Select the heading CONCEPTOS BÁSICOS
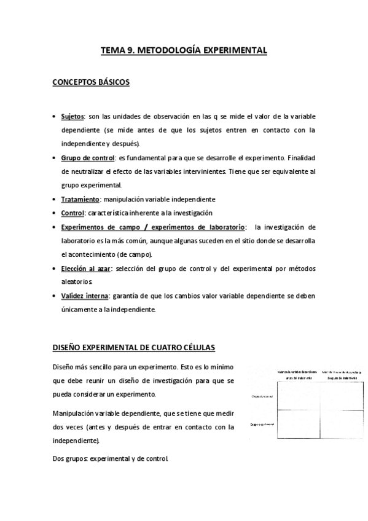click(x=91, y=83)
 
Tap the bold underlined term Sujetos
click(x=72, y=116)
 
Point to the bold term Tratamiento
click(x=80, y=199)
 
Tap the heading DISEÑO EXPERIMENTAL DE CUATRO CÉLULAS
click(x=134, y=348)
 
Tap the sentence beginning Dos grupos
click(x=111, y=458)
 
